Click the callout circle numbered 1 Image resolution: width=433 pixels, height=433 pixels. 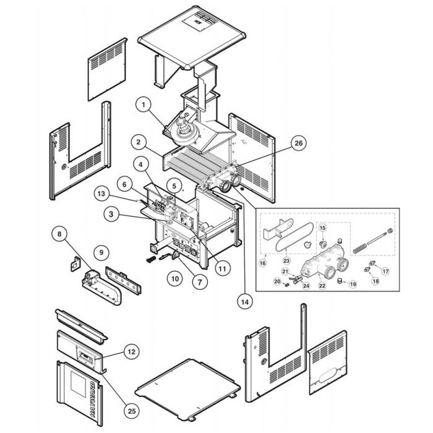coord(143,106)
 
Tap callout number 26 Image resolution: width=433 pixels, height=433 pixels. coord(299,144)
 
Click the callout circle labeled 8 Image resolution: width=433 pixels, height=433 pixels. coord(59,234)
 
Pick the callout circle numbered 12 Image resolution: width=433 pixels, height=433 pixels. coord(131,352)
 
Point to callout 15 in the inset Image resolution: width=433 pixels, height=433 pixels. coord(322,228)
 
